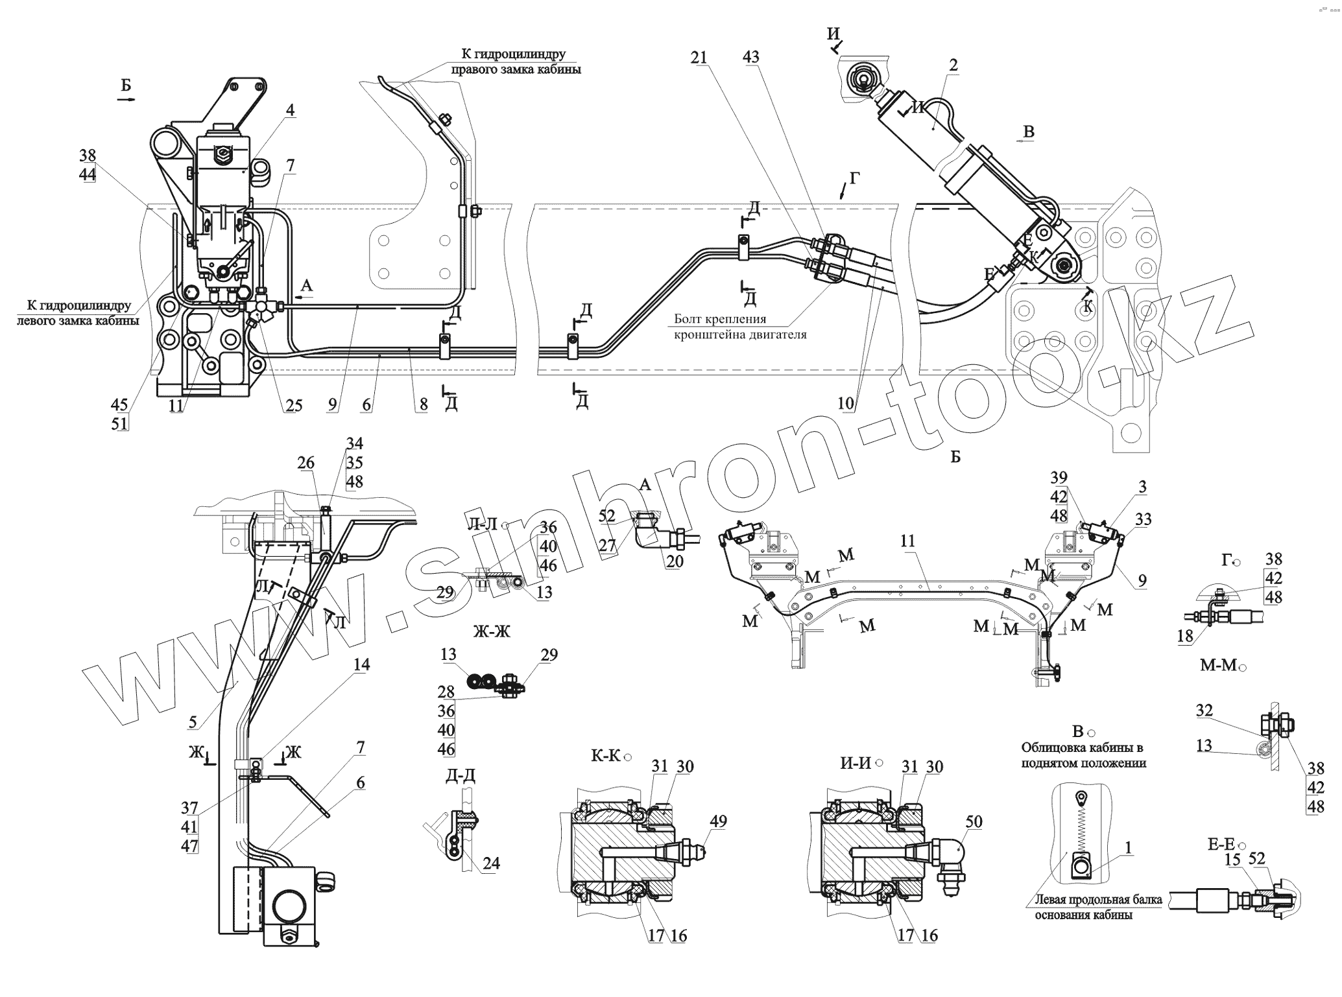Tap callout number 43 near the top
751,58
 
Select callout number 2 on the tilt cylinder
953,65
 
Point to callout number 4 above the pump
290,111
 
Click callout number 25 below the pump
294,406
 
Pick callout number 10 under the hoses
845,403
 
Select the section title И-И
856,763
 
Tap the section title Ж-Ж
492,632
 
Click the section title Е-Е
1221,845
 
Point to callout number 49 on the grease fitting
718,822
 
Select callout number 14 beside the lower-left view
361,664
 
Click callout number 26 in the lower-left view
306,463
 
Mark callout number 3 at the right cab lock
1142,486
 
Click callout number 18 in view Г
1184,636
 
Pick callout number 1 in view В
1128,847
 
